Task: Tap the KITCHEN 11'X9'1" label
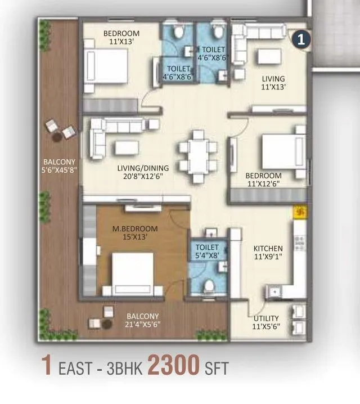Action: (268, 253)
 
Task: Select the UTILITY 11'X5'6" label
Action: (267, 321)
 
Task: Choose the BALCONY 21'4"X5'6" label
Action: (142, 321)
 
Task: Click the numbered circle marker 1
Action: (302, 39)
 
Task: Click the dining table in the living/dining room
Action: (198, 156)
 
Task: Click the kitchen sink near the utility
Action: (275, 291)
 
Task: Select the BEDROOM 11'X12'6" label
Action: (263, 179)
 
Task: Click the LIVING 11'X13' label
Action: (273, 83)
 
